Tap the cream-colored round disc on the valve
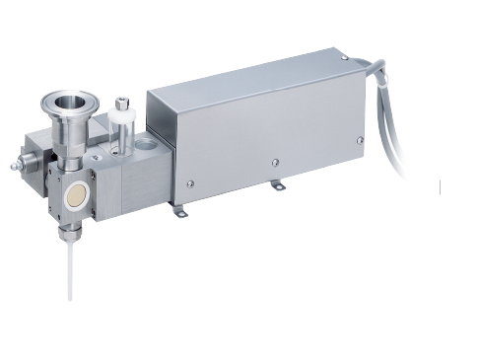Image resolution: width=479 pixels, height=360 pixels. click(74, 200)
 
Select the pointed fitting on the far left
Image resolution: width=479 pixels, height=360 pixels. click(13, 166)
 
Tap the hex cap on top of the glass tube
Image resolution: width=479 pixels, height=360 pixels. click(121, 102)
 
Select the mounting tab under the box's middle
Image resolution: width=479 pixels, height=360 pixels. click(279, 185)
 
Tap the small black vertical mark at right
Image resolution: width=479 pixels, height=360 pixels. click(440, 185)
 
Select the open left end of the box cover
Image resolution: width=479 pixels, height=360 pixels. click(164, 143)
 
